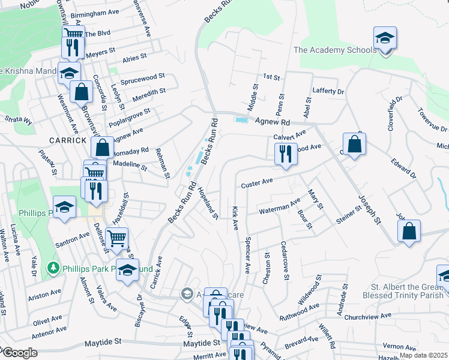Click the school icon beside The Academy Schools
click(x=384, y=39)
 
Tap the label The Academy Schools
click(x=335, y=50)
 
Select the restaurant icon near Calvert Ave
click(x=286, y=154)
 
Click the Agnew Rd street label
click(x=273, y=122)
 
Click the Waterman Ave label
click(x=279, y=208)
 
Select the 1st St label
click(x=271, y=78)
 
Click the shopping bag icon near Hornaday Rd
click(x=103, y=147)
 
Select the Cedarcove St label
click(x=285, y=260)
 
